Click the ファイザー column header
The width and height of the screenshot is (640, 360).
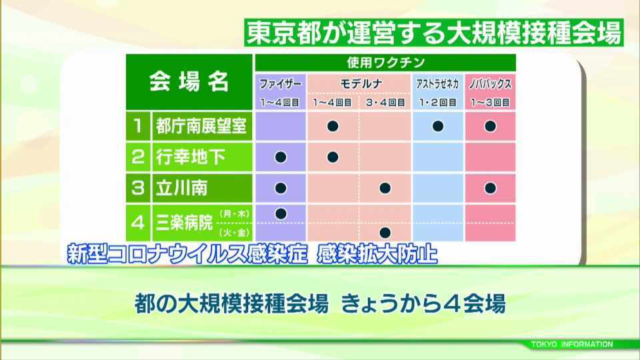281,84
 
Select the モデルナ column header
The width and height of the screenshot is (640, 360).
361,84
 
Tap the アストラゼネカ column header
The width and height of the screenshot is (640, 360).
437,84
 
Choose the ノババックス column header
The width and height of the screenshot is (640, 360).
490,84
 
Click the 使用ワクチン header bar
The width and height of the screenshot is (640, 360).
385,63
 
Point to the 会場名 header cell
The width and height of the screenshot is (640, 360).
189,81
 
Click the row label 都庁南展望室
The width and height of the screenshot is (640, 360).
201,126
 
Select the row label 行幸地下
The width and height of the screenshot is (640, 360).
191,157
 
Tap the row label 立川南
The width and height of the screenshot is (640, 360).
181,188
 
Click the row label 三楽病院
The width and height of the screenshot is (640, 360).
185,223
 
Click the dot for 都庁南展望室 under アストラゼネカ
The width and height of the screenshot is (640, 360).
438,126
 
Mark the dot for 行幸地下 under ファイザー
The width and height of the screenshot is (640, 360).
281,157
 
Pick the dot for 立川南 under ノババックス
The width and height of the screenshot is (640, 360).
490,188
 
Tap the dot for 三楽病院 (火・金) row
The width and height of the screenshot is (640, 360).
385,233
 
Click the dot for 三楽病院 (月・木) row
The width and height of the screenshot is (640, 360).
281,213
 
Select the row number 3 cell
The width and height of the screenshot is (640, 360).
138,188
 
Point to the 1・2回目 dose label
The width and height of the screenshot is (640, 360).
437,103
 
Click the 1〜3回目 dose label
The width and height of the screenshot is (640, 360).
490,103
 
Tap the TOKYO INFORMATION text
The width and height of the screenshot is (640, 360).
572,345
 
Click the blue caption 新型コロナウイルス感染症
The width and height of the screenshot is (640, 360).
187,254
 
